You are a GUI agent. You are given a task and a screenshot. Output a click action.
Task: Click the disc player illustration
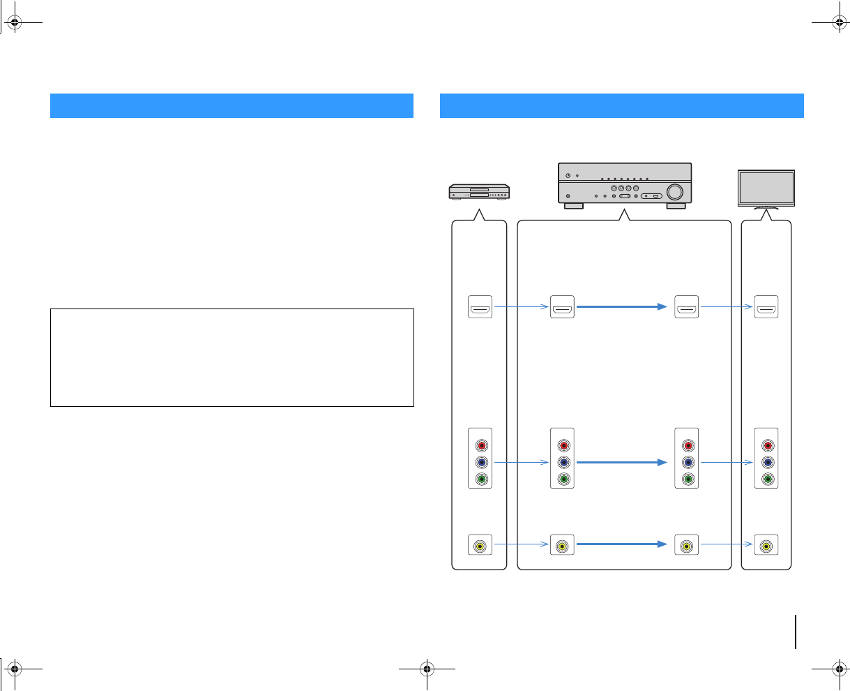(x=478, y=191)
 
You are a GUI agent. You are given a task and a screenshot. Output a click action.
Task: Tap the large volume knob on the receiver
(x=674, y=191)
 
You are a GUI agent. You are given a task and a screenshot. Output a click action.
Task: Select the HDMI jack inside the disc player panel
(x=479, y=306)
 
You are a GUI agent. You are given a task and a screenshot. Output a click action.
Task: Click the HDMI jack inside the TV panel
(x=766, y=306)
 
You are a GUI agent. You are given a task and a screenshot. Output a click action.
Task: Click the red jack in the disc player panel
(x=479, y=445)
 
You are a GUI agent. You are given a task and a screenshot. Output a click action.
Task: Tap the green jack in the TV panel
(x=766, y=479)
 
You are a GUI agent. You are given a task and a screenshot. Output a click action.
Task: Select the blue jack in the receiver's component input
(x=562, y=462)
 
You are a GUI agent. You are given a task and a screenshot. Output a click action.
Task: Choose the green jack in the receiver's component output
(x=688, y=479)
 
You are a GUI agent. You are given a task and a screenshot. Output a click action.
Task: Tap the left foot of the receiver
(x=573, y=206)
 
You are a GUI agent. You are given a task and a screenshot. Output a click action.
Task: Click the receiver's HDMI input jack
(x=562, y=306)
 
